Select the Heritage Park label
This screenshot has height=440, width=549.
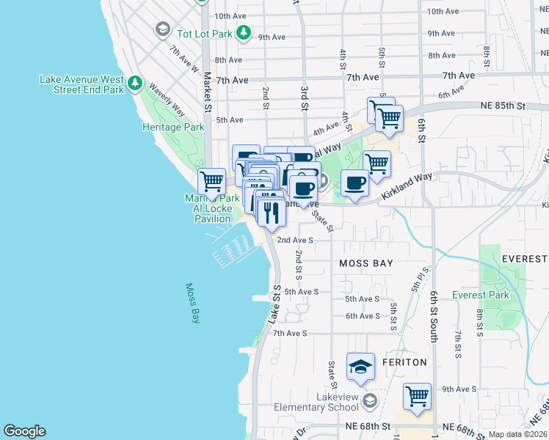click(x=172, y=127)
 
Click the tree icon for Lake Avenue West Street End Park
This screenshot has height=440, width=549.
click(x=134, y=84)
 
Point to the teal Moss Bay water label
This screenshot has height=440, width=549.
click(x=192, y=303)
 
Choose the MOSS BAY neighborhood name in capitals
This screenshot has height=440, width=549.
click(x=366, y=263)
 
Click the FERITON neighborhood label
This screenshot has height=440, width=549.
click(x=404, y=362)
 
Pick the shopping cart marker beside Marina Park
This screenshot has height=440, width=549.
click(x=211, y=180)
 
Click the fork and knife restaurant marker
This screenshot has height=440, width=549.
click(x=272, y=212)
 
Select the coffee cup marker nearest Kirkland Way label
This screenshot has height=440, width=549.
click(x=355, y=183)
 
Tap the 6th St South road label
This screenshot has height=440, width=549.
click(x=434, y=315)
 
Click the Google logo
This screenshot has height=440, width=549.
click(x=24, y=431)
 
